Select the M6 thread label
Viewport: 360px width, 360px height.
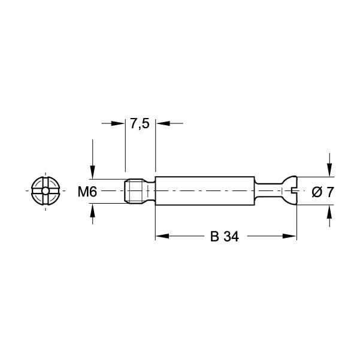(x=87, y=192)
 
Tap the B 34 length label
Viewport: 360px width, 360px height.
(x=225, y=237)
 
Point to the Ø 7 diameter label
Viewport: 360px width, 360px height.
(x=323, y=192)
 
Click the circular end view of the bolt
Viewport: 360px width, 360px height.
(x=45, y=192)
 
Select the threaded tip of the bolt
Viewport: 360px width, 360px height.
(x=138, y=192)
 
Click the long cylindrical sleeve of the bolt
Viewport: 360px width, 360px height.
(x=204, y=192)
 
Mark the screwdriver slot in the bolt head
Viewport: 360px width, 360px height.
(x=294, y=192)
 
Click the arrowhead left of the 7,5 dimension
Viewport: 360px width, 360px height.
(x=120, y=123)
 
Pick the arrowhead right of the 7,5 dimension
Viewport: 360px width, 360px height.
(x=161, y=123)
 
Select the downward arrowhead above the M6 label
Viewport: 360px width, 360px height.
(x=92, y=174)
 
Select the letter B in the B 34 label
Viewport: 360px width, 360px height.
(x=214, y=237)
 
